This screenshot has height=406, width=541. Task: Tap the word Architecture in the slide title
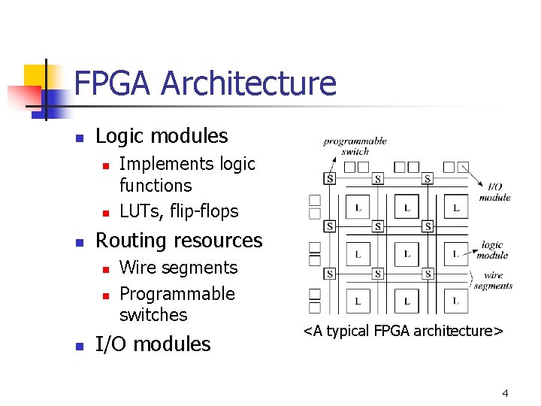(x=249, y=83)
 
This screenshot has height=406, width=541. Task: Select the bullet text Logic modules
(x=162, y=136)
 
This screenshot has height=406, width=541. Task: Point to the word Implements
(x=157, y=164)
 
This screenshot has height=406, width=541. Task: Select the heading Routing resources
(x=179, y=241)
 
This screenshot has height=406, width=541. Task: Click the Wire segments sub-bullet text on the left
(x=178, y=268)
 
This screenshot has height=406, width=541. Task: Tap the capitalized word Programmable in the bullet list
(x=177, y=294)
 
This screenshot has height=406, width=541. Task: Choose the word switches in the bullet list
(x=153, y=315)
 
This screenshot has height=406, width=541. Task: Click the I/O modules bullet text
(x=153, y=344)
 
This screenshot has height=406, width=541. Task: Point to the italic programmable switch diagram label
(x=355, y=145)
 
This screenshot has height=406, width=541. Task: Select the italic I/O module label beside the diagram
(x=494, y=192)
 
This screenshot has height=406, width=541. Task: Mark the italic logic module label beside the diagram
(x=494, y=250)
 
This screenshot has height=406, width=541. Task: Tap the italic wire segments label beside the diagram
(x=494, y=280)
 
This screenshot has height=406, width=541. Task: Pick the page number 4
(x=505, y=393)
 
